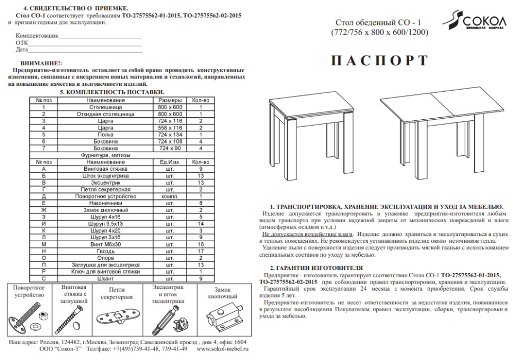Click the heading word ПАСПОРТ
coord(379,61)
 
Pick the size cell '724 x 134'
coord(170,135)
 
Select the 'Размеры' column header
coord(170,100)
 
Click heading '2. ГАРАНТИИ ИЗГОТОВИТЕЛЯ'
coord(316,268)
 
